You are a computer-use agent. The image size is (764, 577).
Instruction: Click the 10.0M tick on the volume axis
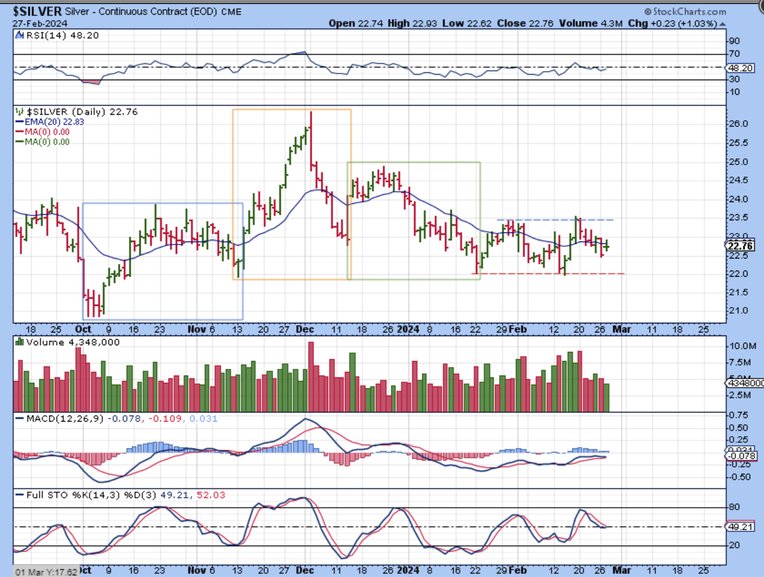point(739,346)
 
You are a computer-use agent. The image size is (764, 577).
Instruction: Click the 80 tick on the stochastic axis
point(734,507)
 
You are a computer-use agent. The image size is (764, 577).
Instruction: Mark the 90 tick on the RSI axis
point(734,41)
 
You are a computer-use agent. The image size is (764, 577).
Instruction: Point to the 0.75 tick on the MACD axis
point(737,415)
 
